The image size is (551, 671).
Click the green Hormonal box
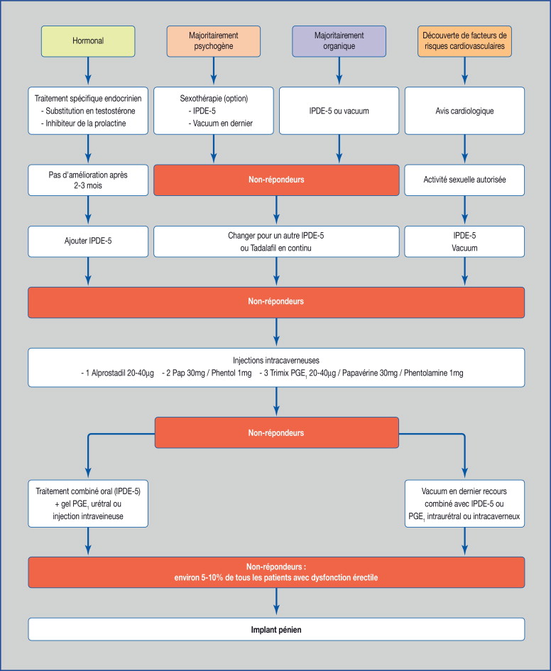[x=88, y=41]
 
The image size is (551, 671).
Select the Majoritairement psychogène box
[x=214, y=41]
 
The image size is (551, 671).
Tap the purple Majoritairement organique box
[x=339, y=41]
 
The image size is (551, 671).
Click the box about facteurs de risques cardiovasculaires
[x=464, y=41]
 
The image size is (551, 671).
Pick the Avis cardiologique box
[x=464, y=111]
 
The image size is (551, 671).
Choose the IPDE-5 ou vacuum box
[x=339, y=111]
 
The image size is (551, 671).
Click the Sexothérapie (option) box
[x=214, y=111]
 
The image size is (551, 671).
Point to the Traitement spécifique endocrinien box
[x=88, y=111]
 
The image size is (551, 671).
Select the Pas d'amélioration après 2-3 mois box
[x=88, y=180]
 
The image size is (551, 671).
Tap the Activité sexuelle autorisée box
[x=464, y=180]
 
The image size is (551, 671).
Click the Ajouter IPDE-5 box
[x=88, y=241]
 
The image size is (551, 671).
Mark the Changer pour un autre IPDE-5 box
[x=276, y=241]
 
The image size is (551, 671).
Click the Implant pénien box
[x=276, y=630]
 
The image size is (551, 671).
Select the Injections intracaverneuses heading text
[x=276, y=360]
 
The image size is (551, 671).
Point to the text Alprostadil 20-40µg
[x=123, y=373]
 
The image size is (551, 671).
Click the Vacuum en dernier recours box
[x=464, y=503]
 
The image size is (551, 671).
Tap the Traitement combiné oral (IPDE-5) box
[x=88, y=503]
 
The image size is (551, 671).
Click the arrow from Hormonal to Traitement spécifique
[x=88, y=70]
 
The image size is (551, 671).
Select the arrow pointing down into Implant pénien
[x=276, y=601]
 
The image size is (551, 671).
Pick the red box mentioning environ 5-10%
[x=276, y=572]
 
